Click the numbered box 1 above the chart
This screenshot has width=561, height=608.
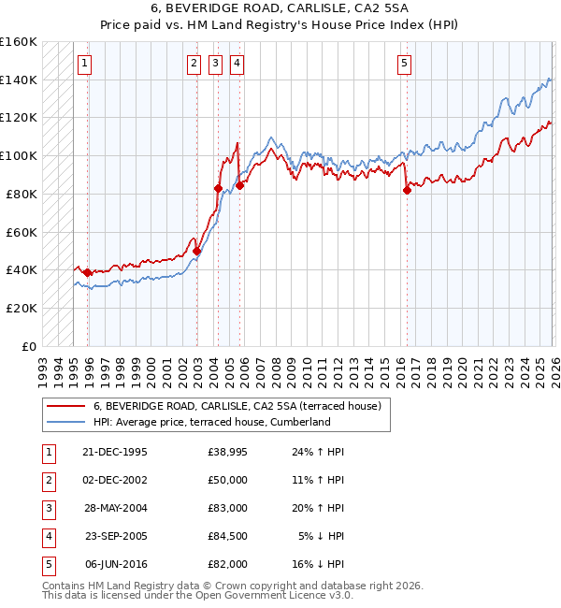click(84, 64)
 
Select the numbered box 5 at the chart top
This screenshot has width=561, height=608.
click(404, 64)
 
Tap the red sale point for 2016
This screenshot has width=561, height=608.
click(407, 190)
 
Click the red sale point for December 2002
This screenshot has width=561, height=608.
click(196, 251)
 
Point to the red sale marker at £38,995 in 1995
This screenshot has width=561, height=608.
click(88, 272)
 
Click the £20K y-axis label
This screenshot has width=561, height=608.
click(22, 308)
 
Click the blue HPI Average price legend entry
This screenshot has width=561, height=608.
click(211, 423)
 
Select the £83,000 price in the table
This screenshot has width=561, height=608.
click(228, 508)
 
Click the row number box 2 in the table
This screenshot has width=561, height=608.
click(47, 480)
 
